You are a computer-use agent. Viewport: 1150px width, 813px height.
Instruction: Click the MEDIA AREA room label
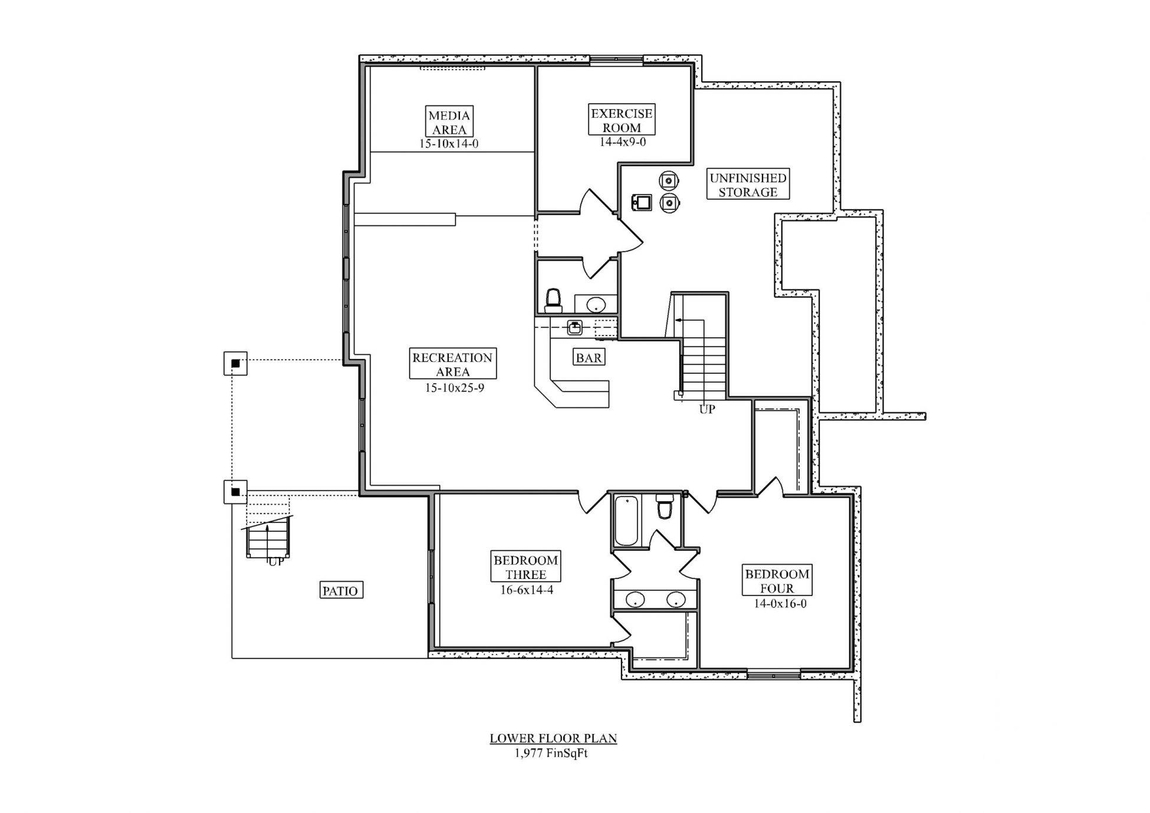(449, 122)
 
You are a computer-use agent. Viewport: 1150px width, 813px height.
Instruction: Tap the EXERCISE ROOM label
(622, 120)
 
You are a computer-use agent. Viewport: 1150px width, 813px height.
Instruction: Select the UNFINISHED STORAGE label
(747, 185)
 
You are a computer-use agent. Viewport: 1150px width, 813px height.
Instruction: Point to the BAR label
(589, 357)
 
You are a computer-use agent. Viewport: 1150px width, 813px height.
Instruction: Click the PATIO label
(340, 591)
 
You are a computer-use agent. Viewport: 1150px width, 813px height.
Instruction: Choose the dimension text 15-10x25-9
(454, 388)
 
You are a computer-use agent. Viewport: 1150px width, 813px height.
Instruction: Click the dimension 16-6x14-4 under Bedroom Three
(526, 590)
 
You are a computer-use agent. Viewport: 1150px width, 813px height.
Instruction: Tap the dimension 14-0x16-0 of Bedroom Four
(780, 604)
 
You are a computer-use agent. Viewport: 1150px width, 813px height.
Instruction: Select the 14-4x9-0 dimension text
(622, 142)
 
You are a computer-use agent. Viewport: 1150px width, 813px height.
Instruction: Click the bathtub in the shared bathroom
(626, 521)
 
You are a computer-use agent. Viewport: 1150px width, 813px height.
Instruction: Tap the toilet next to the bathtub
(665, 506)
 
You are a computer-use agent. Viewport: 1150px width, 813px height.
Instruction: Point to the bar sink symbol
(575, 327)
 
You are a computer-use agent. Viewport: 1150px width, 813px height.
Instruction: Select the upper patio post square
(235, 363)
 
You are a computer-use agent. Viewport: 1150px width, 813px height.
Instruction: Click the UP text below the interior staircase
(707, 409)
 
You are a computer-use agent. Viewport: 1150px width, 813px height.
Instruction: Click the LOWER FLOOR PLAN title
(553, 738)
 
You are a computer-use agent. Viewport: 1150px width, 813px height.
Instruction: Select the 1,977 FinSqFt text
(551, 753)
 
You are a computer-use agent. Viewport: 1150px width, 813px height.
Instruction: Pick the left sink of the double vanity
(635, 600)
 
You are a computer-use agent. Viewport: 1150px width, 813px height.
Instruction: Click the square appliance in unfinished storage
(642, 203)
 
